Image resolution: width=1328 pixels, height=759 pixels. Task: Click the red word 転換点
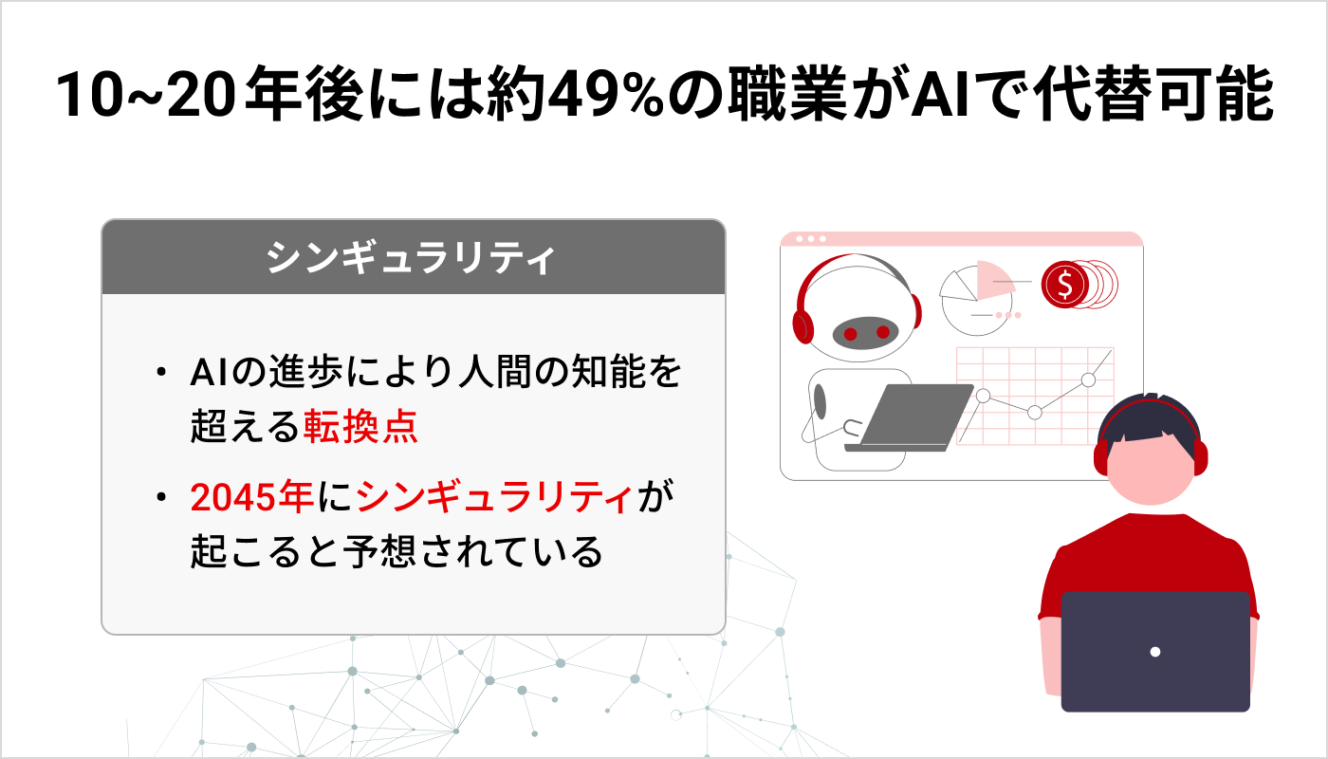[360, 428]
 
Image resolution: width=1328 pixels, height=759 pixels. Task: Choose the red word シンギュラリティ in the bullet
[496, 496]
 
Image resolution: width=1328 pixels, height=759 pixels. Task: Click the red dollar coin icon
[1065, 283]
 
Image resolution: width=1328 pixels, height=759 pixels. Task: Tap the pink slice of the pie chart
[992, 275]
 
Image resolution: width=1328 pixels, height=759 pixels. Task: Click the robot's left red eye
[851, 333]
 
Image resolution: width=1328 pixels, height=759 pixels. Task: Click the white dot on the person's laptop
[1154, 652]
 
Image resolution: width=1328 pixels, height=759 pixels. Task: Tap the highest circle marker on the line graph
[1088, 379]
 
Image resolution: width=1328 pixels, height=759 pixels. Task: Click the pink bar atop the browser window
[961, 238]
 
